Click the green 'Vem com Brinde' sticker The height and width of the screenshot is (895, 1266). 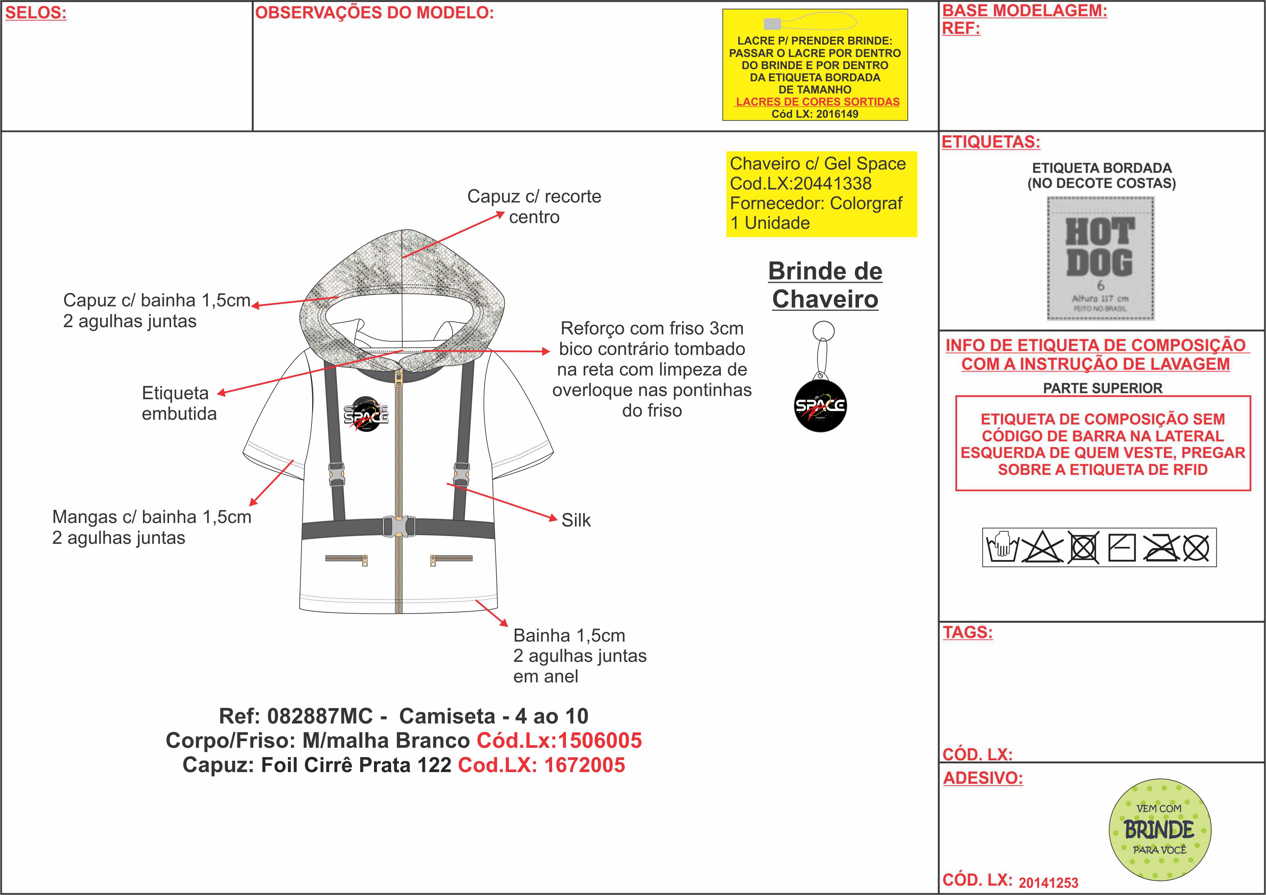1159,829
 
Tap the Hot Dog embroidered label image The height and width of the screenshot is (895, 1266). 1100,259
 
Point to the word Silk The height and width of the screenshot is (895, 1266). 576,520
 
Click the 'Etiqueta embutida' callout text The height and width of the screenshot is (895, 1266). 179,403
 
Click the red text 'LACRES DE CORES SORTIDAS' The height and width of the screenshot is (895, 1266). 818,102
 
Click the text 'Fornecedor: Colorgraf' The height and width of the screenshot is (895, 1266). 816,203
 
